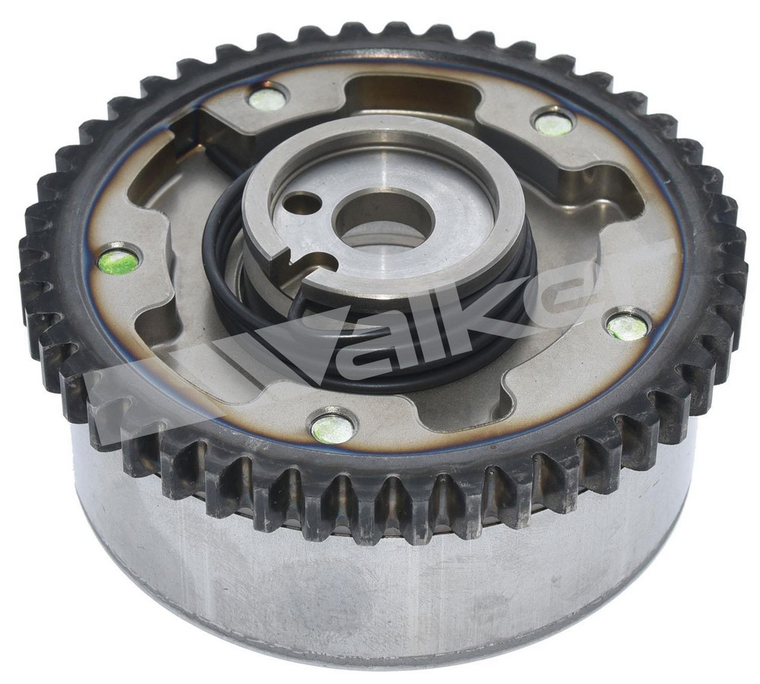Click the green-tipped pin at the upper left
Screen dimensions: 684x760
[267, 100]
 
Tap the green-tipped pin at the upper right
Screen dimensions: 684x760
[553, 124]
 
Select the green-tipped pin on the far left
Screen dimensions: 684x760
[119, 261]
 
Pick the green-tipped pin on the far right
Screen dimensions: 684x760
[628, 326]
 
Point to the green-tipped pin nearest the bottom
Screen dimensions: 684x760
[333, 429]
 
